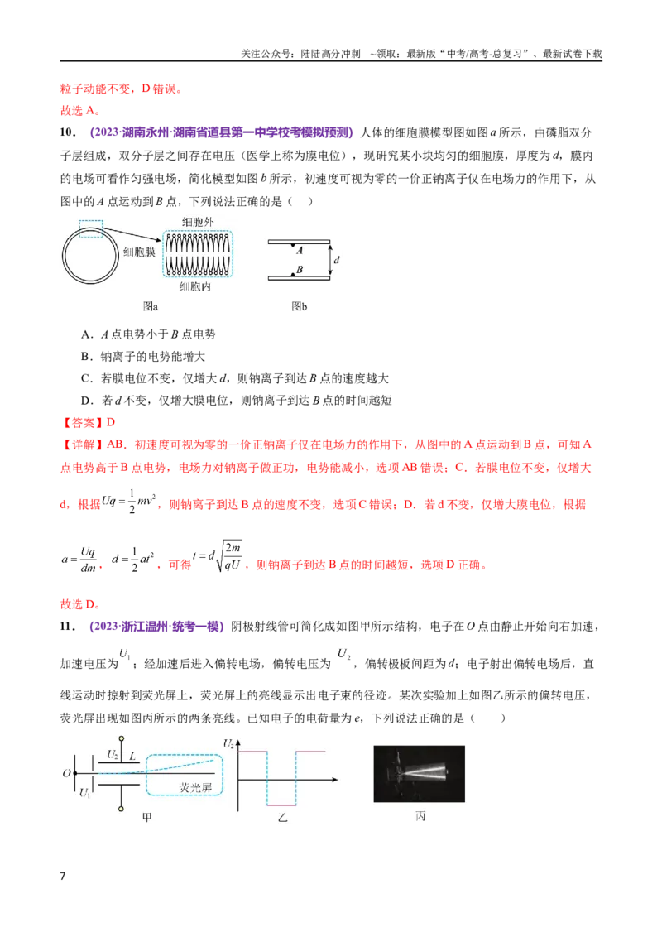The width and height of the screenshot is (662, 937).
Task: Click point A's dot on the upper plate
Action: pos(293,246)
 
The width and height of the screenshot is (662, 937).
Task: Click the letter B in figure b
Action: pos(300,270)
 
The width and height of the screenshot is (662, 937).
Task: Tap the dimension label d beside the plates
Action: pos(337,260)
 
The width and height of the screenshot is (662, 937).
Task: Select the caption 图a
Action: pos(151,306)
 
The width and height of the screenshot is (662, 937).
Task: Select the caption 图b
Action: pos(300,306)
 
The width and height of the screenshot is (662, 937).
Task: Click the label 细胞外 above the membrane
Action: pos(198,222)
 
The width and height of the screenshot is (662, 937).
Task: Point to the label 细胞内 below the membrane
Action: pos(194,287)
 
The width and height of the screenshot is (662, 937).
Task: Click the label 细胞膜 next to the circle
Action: pos(139,252)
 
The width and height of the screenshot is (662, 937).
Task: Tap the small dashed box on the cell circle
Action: pos(91,229)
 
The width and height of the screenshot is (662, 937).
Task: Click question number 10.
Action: pos(68,132)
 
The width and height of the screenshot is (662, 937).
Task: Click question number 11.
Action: pos(68,627)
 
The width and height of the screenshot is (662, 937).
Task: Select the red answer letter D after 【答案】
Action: pos(111,422)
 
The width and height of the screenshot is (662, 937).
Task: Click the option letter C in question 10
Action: pos(86,378)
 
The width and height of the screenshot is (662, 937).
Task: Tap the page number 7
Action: pos(63,876)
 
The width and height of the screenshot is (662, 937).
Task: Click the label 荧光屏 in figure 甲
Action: pos(195,788)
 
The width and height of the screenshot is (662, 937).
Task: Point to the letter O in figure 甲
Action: pos(67,773)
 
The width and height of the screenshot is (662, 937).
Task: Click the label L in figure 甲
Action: pos(132,757)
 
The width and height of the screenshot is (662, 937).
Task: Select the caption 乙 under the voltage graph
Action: pos(283,817)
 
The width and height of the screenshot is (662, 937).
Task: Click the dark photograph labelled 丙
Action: pos(419,774)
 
